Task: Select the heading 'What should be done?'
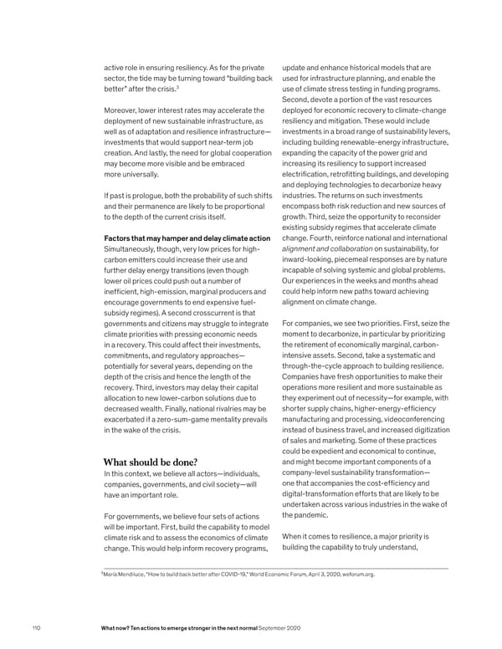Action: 151,462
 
